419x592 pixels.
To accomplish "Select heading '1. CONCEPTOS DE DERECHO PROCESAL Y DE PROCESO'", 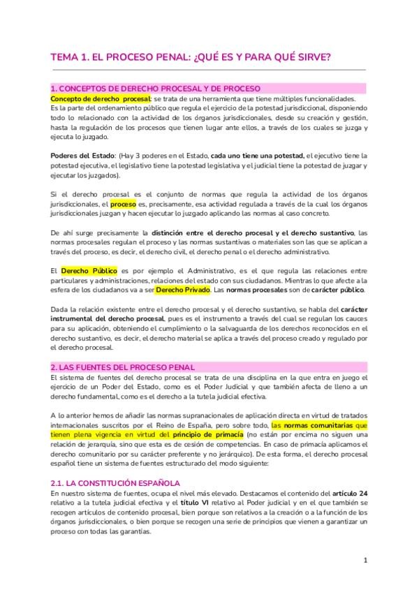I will click(x=155, y=89).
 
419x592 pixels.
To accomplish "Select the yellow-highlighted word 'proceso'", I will click(x=124, y=185).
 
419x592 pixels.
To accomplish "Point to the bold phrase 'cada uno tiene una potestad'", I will click(x=258, y=155).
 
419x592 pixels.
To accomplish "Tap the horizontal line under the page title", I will click(x=209, y=70).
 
